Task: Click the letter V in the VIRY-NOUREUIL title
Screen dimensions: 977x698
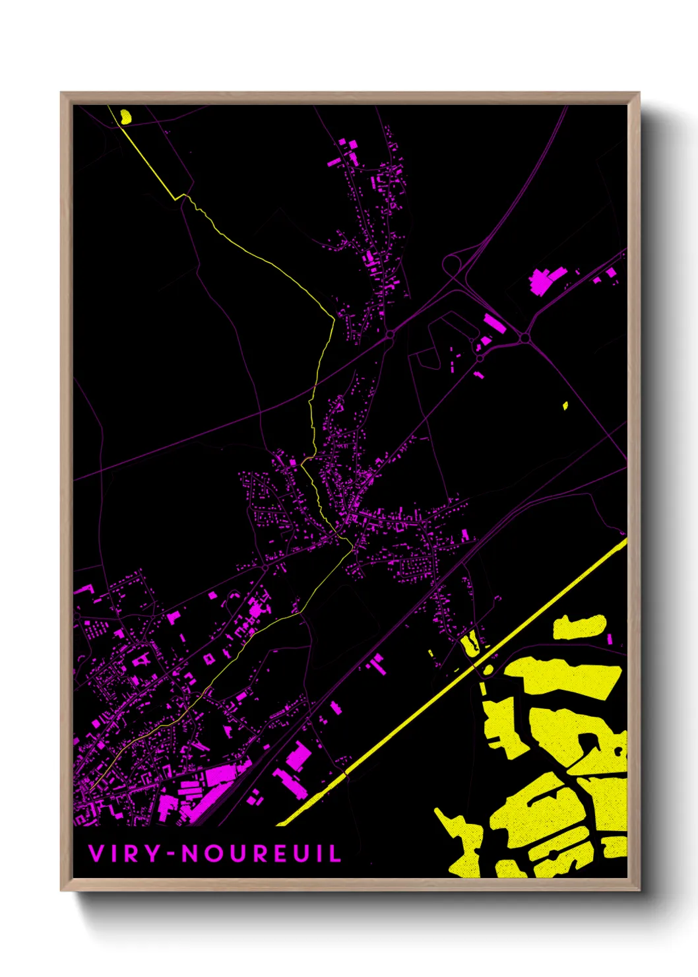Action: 96,854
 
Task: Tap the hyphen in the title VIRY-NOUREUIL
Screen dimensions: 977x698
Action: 172,854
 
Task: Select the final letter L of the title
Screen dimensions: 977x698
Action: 335,854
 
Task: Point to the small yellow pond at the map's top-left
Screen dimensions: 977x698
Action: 125,117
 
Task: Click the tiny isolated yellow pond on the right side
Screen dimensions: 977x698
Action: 565,405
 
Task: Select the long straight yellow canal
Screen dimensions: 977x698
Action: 455,679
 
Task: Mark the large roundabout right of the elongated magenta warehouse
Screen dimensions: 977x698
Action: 524,338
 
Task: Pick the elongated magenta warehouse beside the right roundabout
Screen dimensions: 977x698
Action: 495,323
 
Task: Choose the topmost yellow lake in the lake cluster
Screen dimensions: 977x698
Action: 579,627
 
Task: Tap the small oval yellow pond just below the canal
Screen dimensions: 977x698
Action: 488,670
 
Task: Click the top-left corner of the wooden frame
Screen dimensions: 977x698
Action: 62,93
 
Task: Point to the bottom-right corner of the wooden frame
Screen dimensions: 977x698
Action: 639,889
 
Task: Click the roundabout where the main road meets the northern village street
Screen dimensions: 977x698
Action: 391,335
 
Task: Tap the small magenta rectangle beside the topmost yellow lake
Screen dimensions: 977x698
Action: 610,639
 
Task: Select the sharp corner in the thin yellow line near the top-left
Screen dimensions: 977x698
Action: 176,197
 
